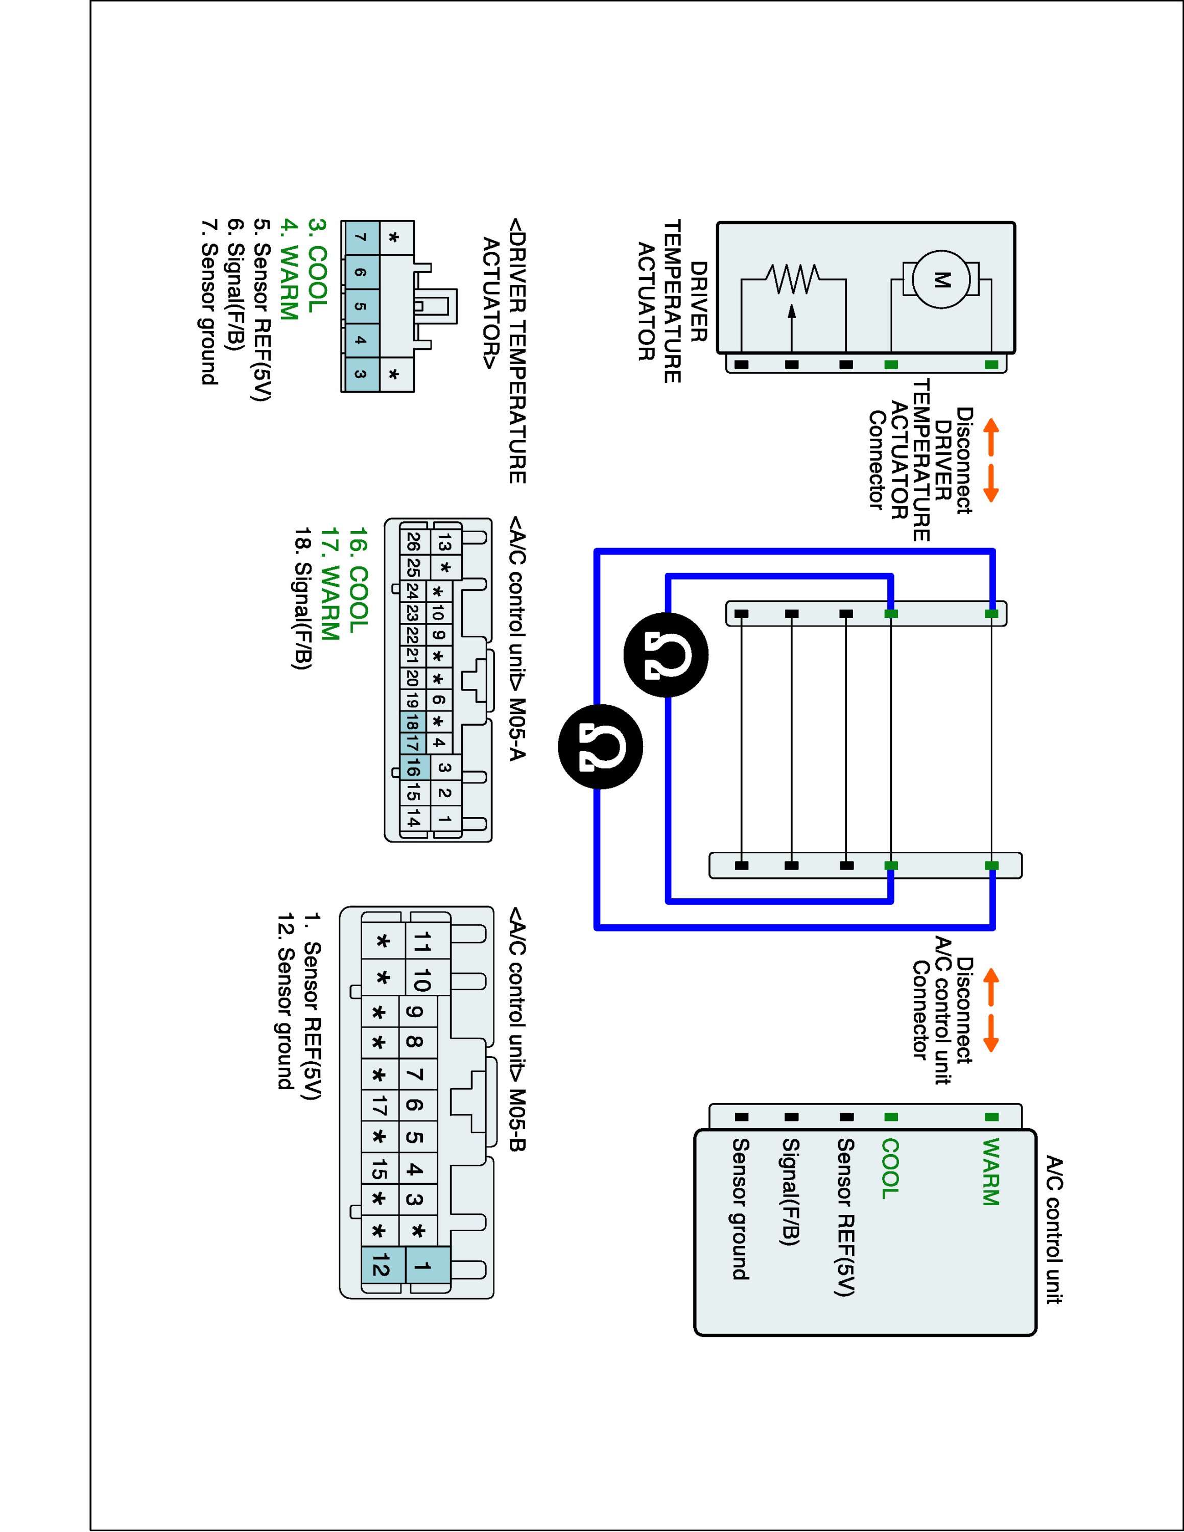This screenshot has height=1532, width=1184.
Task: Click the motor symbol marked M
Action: point(940,280)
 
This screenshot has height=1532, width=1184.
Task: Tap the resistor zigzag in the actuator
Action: point(793,279)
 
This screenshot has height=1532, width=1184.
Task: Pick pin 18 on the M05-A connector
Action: point(412,721)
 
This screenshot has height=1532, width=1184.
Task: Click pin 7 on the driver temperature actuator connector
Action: point(360,238)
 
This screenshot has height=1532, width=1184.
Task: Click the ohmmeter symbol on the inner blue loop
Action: point(666,655)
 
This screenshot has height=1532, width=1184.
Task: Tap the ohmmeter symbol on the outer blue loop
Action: point(600,747)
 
